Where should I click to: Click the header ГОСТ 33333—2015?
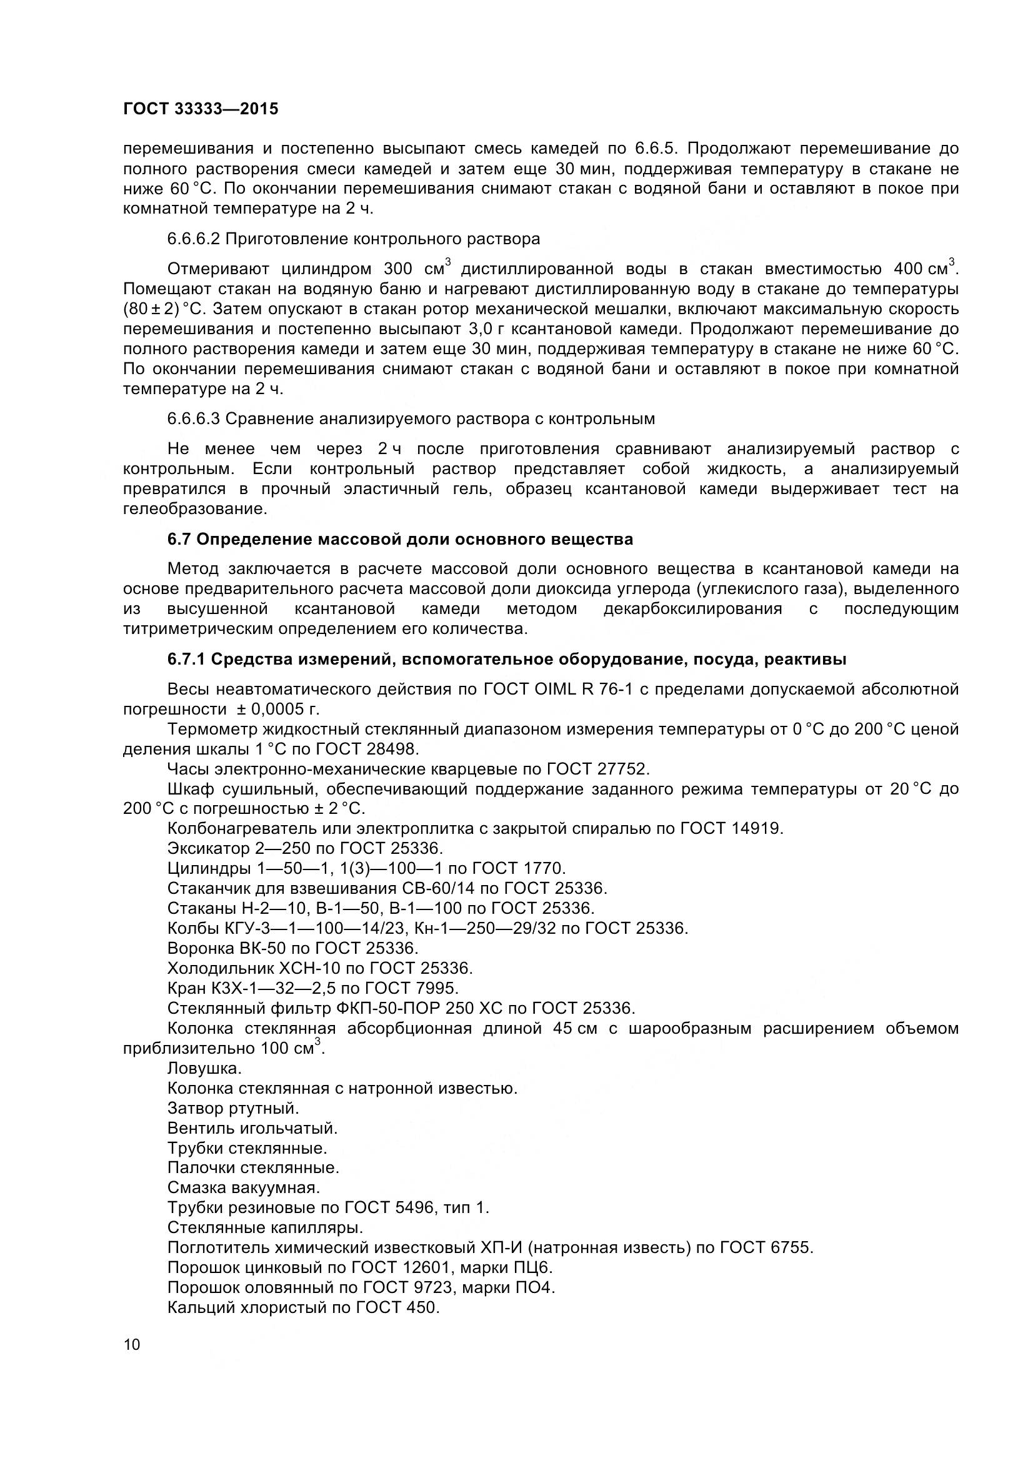click(201, 109)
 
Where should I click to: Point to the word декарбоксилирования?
click(692, 609)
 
